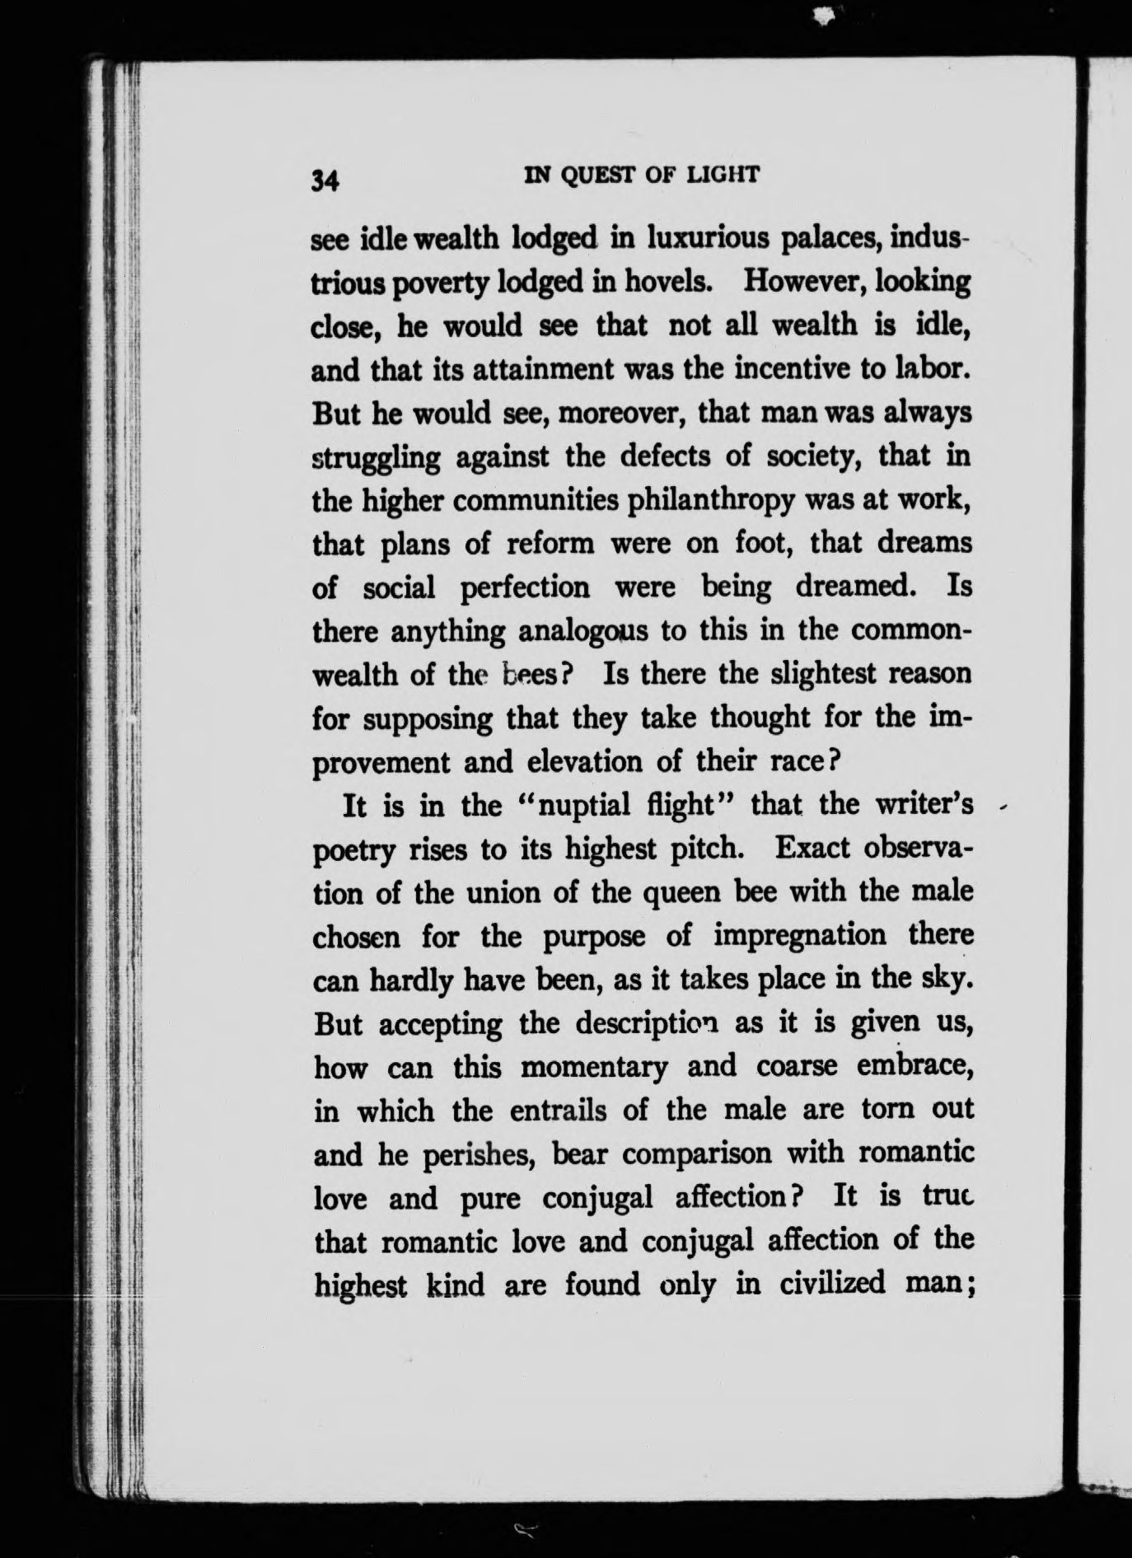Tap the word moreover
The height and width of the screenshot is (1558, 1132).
[x=623, y=413]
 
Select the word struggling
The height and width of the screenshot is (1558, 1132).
[x=377, y=458]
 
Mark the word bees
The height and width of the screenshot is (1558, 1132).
[x=537, y=676]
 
